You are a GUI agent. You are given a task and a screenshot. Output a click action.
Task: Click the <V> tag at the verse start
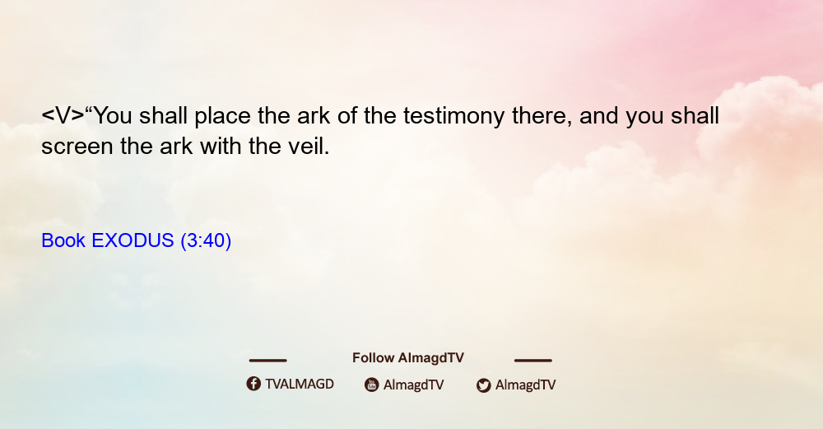pyautogui.click(x=63, y=115)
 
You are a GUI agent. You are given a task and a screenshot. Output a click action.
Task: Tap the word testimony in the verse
pyautogui.click(x=454, y=117)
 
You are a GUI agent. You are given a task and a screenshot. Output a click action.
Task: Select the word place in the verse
pyautogui.click(x=222, y=117)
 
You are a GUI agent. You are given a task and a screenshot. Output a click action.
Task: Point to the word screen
pyautogui.click(x=77, y=147)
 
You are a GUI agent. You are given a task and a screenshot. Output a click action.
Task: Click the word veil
pyautogui.click(x=309, y=146)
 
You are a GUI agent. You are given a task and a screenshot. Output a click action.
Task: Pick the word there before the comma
pyautogui.click(x=542, y=116)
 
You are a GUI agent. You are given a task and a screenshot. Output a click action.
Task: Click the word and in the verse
pyautogui.click(x=599, y=116)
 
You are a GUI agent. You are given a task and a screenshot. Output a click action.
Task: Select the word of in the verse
pyautogui.click(x=347, y=116)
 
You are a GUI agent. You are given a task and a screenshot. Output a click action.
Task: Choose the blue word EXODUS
pyautogui.click(x=133, y=240)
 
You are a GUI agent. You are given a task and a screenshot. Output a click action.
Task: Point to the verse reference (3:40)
pyautogui.click(x=206, y=241)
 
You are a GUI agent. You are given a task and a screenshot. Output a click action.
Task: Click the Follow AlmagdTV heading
pyautogui.click(x=408, y=358)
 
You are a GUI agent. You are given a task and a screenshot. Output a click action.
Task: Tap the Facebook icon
pyautogui.click(x=253, y=384)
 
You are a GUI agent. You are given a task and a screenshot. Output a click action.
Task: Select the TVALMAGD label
pyautogui.click(x=300, y=385)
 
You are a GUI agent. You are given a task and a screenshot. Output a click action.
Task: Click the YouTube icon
pyautogui.click(x=372, y=385)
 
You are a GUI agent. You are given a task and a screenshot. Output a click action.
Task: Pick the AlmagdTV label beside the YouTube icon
pyautogui.click(x=414, y=385)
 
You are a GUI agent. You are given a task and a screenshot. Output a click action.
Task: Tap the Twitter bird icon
pyautogui.click(x=483, y=385)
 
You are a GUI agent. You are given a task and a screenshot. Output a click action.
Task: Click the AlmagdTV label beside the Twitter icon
pyautogui.click(x=525, y=385)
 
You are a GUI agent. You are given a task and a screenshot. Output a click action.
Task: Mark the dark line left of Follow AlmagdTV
pyautogui.click(x=267, y=360)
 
